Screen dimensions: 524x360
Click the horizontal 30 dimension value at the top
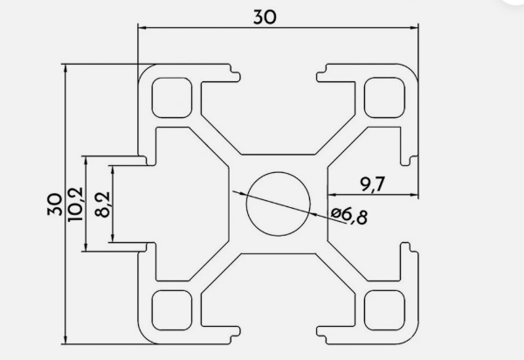pos(265,17)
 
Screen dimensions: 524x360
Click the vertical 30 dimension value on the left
pos(55,204)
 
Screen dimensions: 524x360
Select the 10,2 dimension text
pos(75,204)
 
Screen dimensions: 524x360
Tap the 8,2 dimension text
pos(102,204)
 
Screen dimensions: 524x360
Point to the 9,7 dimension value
pos(373,183)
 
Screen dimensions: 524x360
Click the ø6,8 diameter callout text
pos(349,216)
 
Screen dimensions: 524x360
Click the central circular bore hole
pos(279,204)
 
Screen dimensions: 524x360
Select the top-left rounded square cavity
pos(172,98)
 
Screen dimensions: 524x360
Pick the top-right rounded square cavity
pos(384,98)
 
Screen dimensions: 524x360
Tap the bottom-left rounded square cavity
pos(172,310)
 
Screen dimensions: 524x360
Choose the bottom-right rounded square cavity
pos(384,310)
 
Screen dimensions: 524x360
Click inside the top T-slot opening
pos(279,114)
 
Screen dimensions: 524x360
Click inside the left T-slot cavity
pos(187,204)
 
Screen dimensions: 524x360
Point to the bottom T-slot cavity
pos(279,294)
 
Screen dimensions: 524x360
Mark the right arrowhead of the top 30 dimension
pos(414,27)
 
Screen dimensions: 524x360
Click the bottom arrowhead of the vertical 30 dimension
pos(65,339)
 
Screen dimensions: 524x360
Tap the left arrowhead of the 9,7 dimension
pos(332,194)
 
